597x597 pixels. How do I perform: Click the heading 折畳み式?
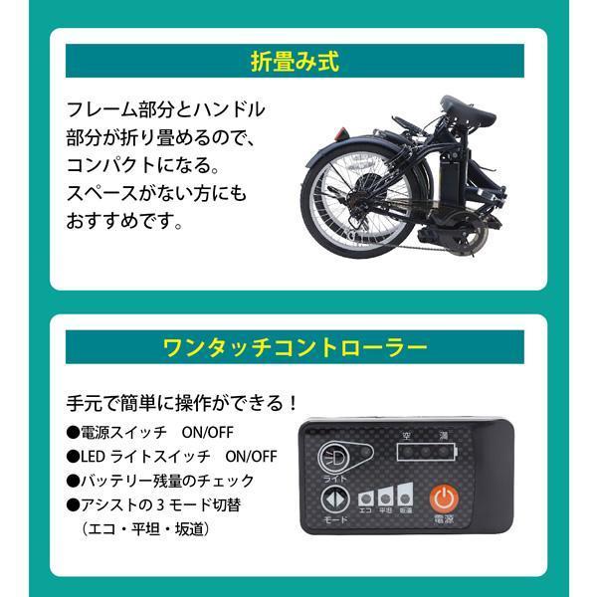click(x=298, y=62)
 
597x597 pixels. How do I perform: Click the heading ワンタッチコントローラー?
click(x=298, y=348)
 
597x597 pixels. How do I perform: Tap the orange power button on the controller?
click(x=442, y=497)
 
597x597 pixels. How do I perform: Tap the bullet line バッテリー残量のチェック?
click(x=154, y=482)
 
